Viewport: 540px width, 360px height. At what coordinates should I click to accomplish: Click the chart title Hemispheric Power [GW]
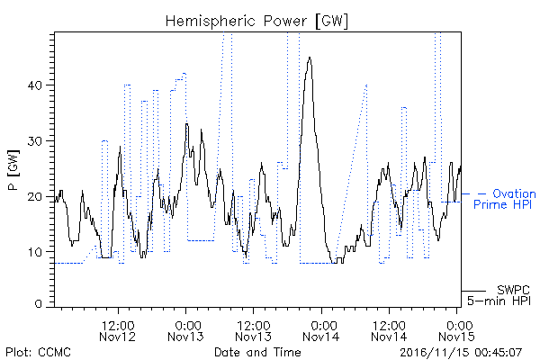(256, 21)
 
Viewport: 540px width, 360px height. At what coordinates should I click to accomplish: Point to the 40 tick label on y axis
(35, 85)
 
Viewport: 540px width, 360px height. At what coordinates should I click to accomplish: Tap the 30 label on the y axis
(35, 141)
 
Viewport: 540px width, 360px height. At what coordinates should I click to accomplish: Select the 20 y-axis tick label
(35, 197)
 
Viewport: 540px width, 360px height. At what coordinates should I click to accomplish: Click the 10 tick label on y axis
(35, 252)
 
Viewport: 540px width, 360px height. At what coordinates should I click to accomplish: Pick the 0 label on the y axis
(39, 304)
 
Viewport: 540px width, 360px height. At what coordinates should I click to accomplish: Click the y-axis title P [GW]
(13, 170)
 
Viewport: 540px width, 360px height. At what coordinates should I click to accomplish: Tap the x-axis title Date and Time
(257, 352)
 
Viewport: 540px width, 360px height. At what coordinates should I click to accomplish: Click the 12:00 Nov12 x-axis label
(117, 331)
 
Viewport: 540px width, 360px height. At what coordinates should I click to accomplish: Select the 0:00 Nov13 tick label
(185, 331)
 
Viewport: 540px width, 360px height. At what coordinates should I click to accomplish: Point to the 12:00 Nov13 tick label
(254, 331)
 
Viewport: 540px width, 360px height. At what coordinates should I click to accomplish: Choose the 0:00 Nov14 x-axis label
(321, 331)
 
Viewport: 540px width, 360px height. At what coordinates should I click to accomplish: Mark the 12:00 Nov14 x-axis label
(389, 331)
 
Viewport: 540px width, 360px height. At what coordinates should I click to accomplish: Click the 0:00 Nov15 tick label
(457, 331)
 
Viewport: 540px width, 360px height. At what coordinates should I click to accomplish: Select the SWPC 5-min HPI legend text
(499, 295)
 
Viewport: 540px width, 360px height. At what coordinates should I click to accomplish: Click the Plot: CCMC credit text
(38, 352)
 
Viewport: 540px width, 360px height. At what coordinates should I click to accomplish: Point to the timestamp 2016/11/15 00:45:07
(461, 353)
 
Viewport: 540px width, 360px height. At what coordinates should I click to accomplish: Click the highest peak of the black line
(310, 58)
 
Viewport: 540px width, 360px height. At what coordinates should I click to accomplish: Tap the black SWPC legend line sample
(473, 291)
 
